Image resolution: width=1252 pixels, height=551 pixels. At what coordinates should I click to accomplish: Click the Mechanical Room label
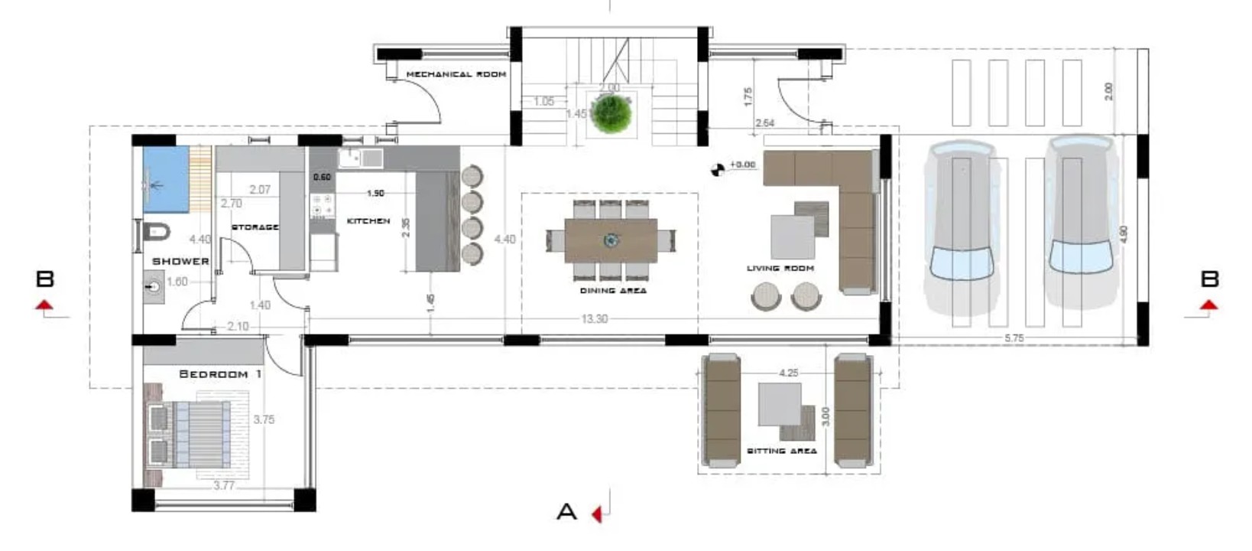[456, 74]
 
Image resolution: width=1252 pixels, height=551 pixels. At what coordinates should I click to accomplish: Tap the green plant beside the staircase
[611, 113]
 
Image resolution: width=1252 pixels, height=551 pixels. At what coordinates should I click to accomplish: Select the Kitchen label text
[368, 221]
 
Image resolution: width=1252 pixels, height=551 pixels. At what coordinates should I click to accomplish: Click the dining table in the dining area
[611, 241]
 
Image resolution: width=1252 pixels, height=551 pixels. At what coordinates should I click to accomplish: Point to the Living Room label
[780, 269]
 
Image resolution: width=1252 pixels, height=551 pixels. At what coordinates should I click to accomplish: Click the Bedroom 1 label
[219, 374]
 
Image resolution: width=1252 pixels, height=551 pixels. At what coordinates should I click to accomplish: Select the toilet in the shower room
[155, 230]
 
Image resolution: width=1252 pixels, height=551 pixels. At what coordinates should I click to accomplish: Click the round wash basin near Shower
[154, 288]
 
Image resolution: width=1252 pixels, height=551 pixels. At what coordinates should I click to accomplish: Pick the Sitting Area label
[781, 452]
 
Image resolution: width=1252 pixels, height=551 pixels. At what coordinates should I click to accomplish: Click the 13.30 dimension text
[594, 319]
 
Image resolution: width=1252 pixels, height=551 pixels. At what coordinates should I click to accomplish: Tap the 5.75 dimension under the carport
[1014, 337]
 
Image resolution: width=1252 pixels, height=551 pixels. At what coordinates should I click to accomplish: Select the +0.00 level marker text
[742, 165]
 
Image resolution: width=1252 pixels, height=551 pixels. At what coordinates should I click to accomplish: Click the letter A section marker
[566, 511]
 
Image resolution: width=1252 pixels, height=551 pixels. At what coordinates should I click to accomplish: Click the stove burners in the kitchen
[322, 204]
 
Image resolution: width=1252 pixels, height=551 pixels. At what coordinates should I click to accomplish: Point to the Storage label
[255, 227]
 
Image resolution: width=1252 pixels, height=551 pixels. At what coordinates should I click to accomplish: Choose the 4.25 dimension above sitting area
[788, 373]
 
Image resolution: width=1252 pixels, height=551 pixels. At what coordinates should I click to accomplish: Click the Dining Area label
[612, 291]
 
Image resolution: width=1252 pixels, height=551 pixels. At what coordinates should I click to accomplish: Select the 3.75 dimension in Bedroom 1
[264, 419]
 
